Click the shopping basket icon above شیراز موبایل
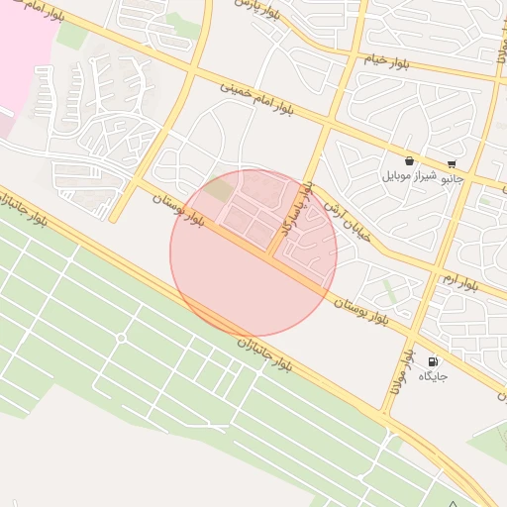(410, 160)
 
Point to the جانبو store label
(452, 178)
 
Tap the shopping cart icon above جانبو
(453, 164)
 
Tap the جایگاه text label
(433, 376)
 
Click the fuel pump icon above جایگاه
(433, 361)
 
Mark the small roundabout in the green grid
(121, 339)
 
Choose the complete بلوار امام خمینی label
(256, 99)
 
